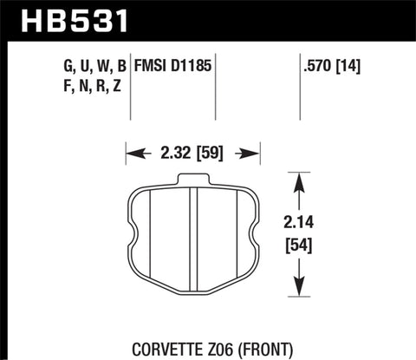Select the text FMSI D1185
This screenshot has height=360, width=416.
[x=173, y=66]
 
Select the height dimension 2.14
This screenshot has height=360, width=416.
[x=300, y=220]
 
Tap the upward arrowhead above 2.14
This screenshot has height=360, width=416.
[x=300, y=178]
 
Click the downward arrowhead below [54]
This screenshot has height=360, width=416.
[x=300, y=291]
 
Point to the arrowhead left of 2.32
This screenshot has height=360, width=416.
[x=132, y=157]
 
